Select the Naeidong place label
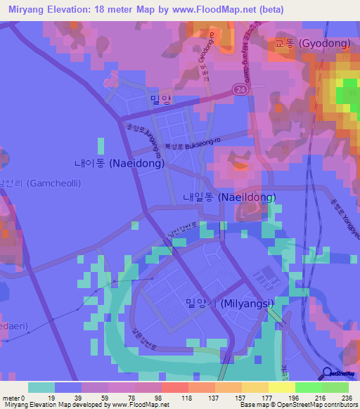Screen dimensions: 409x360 (x=120, y=163)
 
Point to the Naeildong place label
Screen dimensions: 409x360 (x=229, y=197)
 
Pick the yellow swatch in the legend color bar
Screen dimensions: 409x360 (x=282, y=387)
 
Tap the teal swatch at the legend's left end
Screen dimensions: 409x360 (x=41, y=387)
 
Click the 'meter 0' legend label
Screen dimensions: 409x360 (x=14, y=398)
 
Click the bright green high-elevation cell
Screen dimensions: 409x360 (x=345, y=93)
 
